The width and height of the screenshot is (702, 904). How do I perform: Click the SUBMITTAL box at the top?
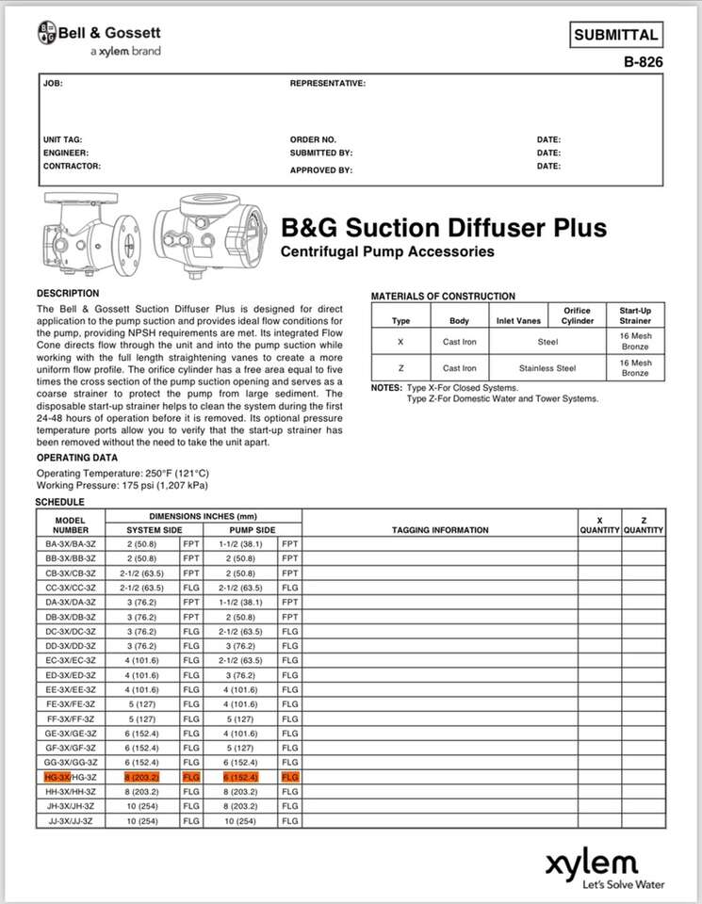(616, 36)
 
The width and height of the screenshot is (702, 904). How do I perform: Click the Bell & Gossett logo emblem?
(46, 34)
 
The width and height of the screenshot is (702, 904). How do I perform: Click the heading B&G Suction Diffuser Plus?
(444, 228)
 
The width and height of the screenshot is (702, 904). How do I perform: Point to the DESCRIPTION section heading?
(68, 294)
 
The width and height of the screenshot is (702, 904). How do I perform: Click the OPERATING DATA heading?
(77, 458)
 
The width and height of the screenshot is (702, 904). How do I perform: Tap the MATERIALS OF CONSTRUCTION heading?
(443, 296)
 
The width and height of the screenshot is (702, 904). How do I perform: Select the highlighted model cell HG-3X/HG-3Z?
(70, 777)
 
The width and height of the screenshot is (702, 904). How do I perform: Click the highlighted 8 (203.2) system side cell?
(142, 777)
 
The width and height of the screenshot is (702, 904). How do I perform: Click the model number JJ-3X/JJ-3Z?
(70, 821)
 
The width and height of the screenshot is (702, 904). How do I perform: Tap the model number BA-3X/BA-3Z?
(70, 544)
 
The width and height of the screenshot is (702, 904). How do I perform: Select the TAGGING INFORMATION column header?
(439, 530)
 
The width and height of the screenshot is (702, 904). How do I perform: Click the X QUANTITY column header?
(599, 525)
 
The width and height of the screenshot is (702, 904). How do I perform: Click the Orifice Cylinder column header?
(577, 315)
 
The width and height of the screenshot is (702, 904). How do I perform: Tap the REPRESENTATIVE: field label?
(327, 84)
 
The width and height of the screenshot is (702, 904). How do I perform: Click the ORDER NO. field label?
(313, 139)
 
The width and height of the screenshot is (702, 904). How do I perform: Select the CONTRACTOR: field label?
(72, 166)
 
